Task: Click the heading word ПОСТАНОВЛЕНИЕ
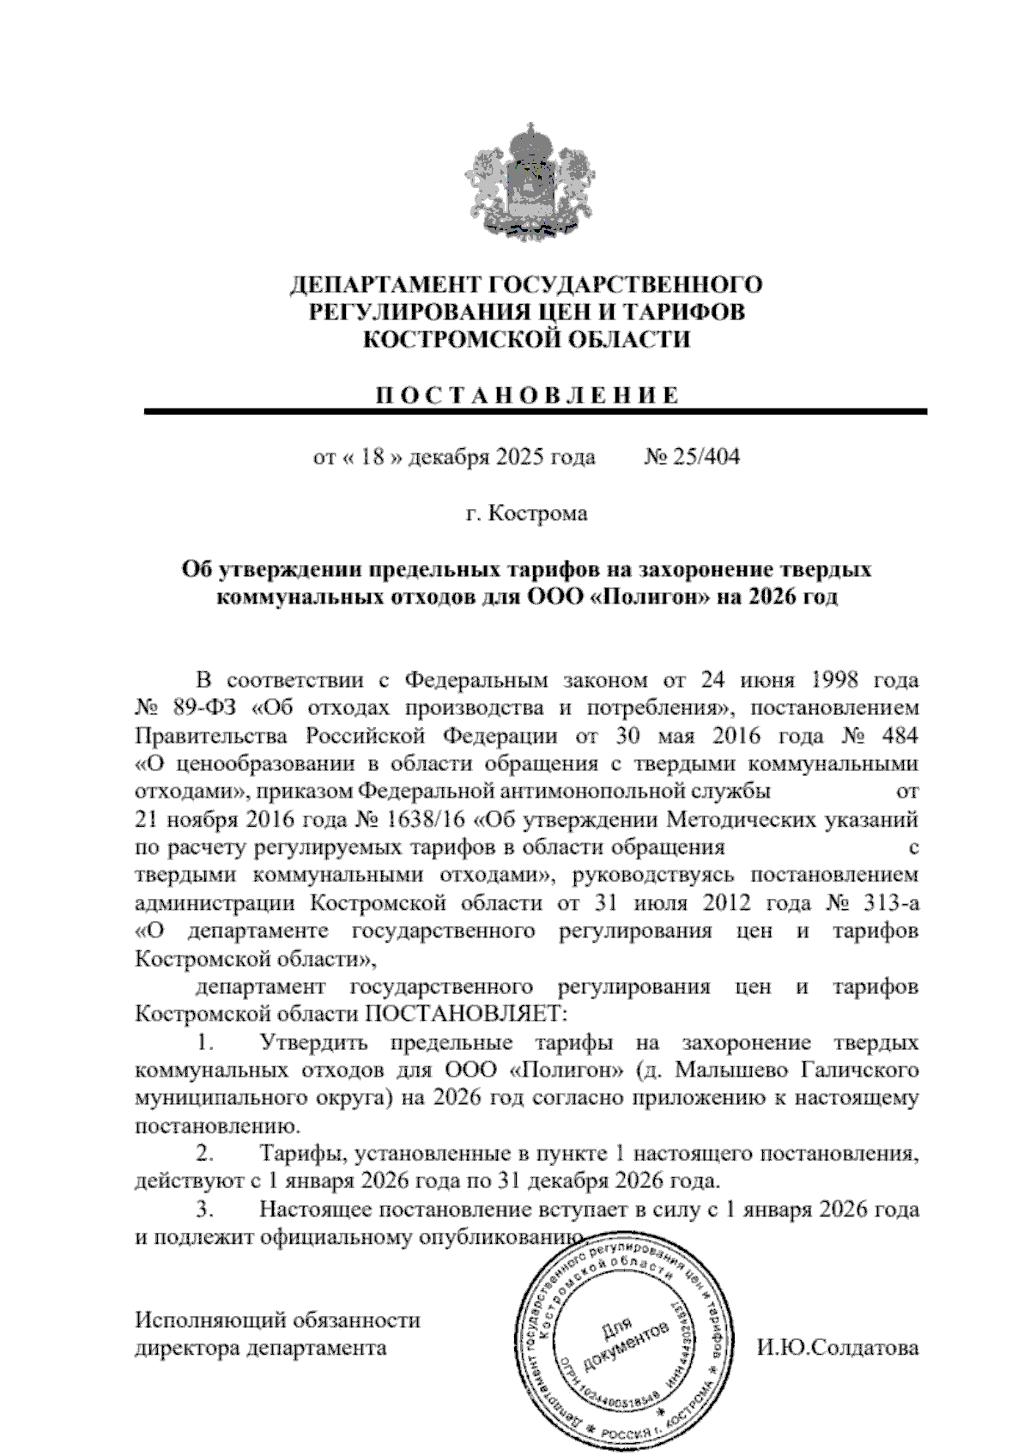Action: coord(527,396)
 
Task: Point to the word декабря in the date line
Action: coord(446,458)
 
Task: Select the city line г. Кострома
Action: coord(526,514)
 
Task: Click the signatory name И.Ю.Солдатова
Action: coord(838,1348)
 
